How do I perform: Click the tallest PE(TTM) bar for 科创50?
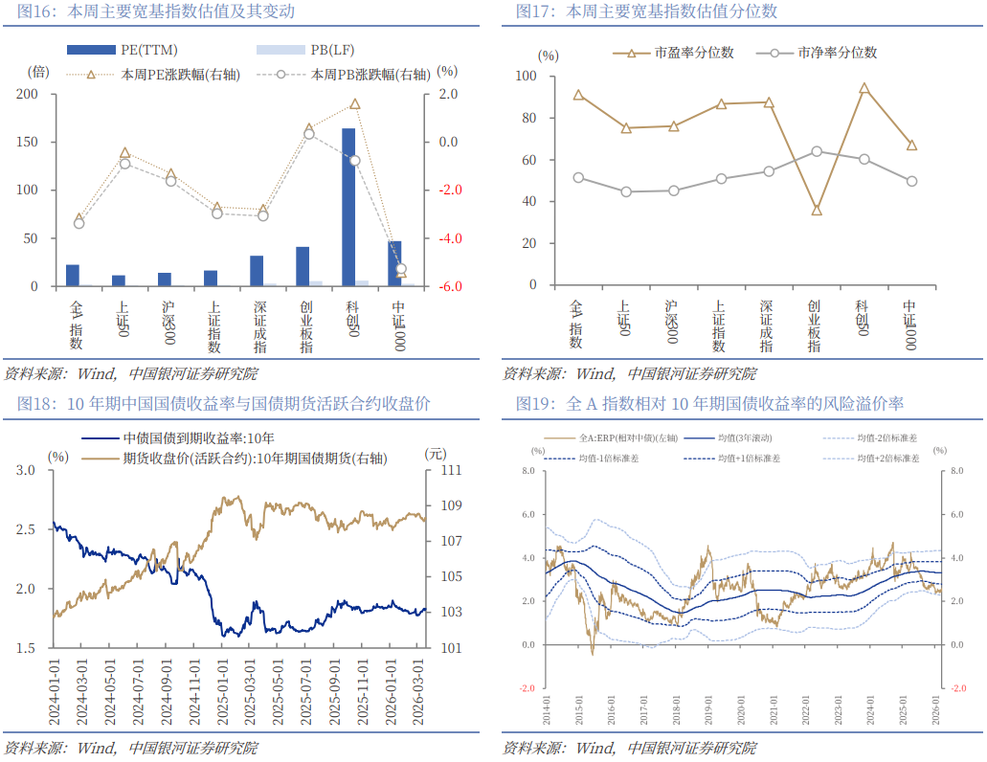pyautogui.click(x=348, y=207)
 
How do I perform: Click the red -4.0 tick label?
pyautogui.click(x=449, y=238)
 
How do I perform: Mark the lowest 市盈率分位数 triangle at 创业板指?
pyautogui.click(x=817, y=210)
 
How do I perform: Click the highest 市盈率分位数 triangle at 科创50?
pyautogui.click(x=864, y=88)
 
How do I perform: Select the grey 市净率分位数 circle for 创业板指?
pyautogui.click(x=817, y=151)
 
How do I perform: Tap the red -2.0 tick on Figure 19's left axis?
pyautogui.click(x=527, y=687)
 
